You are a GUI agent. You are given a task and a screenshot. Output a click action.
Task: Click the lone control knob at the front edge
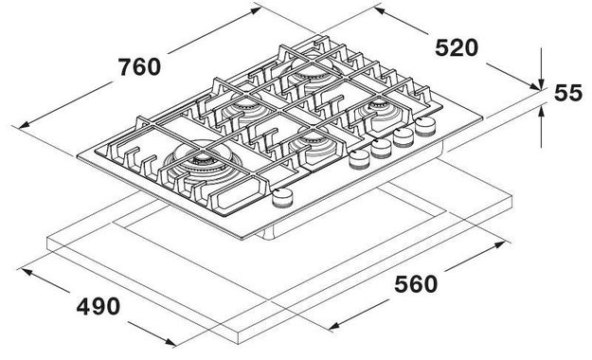[x=281, y=197]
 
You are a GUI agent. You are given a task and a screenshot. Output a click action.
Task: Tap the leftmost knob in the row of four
[x=359, y=158]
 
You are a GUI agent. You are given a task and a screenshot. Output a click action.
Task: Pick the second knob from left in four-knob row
[x=381, y=148]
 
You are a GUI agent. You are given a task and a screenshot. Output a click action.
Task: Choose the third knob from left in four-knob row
[x=404, y=137]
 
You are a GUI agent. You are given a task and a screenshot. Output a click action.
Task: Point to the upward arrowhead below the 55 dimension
[x=540, y=107]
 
